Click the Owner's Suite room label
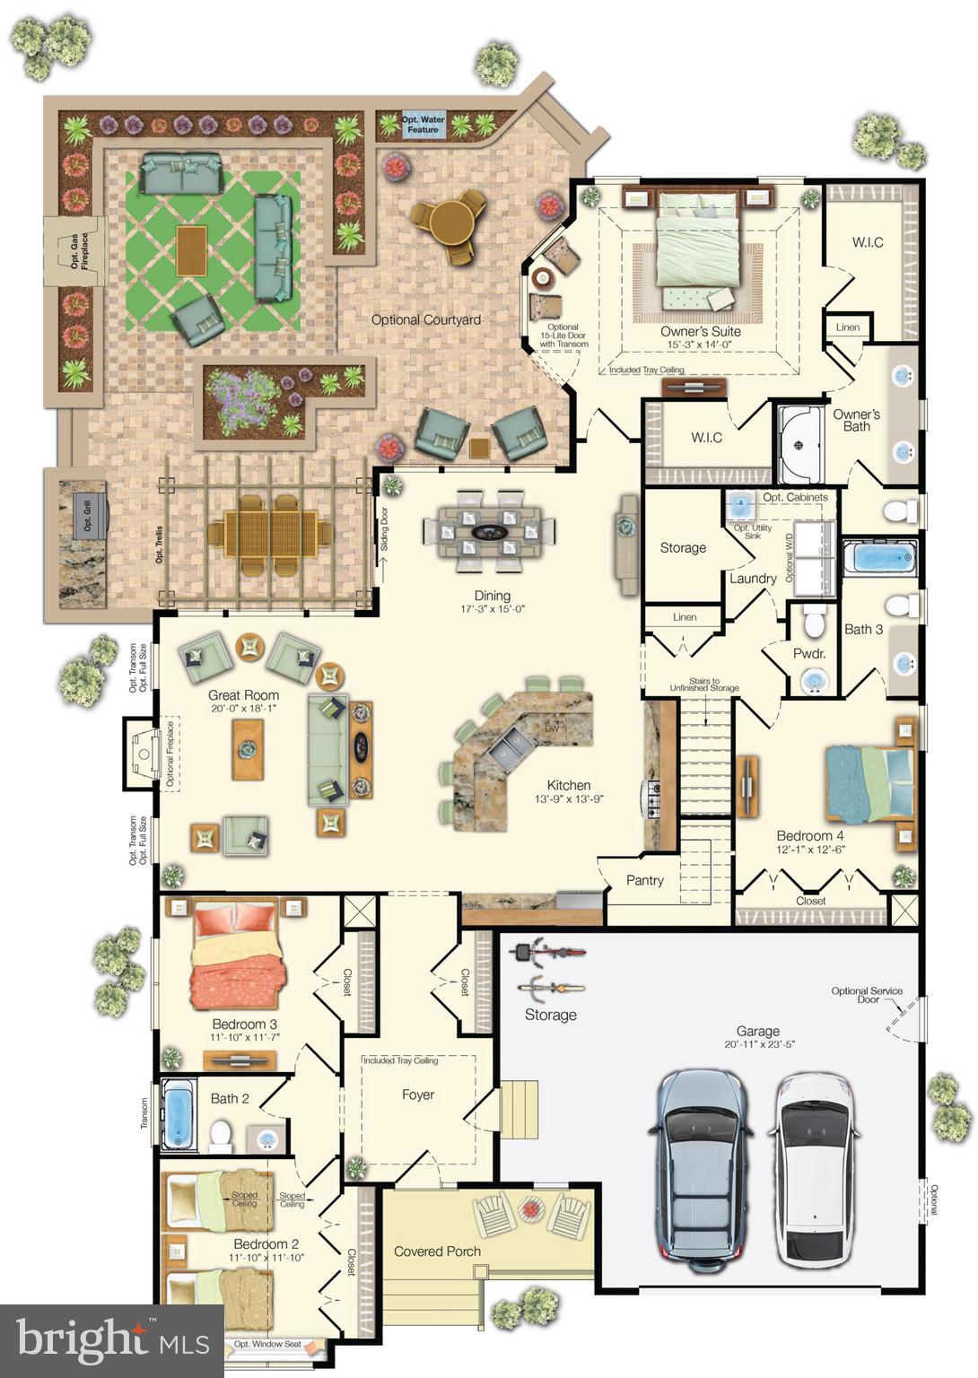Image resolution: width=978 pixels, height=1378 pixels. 700,331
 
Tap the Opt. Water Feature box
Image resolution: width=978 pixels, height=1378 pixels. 423,125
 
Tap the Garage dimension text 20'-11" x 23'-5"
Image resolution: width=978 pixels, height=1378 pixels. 760,1044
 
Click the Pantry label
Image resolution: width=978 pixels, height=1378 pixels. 644,880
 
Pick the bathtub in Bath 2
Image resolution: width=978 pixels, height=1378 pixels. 179,1114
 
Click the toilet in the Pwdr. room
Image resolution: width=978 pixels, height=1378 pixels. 815,620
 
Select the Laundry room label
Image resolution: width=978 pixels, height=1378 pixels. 752,579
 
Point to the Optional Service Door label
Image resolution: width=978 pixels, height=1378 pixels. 867,995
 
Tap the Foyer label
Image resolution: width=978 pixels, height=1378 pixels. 418,1095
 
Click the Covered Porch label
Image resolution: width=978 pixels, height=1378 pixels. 437,1251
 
